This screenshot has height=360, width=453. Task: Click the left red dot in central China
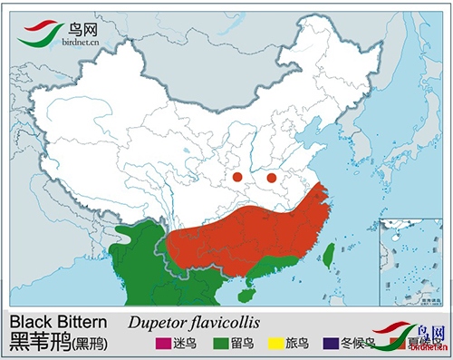point(236,177)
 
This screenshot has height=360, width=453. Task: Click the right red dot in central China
point(271,177)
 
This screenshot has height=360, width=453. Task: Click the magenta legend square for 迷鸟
point(162,343)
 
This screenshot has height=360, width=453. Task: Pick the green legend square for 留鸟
point(221,343)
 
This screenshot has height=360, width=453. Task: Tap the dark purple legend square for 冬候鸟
point(333,343)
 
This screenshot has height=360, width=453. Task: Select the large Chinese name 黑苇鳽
point(42,343)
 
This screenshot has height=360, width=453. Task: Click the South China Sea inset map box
point(410,260)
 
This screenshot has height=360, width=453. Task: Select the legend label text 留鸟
point(243,344)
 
